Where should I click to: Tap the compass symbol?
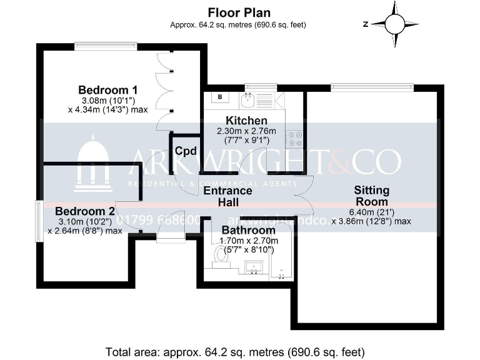point(395,24)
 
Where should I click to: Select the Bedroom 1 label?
point(108,89)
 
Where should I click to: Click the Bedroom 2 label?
point(85,211)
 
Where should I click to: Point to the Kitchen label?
point(246,121)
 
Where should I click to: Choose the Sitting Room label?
point(371,196)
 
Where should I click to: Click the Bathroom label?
point(248,230)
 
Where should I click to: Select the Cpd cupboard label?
point(185,151)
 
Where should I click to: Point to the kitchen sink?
point(247,98)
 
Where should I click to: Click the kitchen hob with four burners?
point(294,139)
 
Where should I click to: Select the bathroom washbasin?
point(254,269)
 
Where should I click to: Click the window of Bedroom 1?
point(106,46)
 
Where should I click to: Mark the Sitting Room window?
point(372,87)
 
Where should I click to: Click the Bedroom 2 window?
point(39,220)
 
